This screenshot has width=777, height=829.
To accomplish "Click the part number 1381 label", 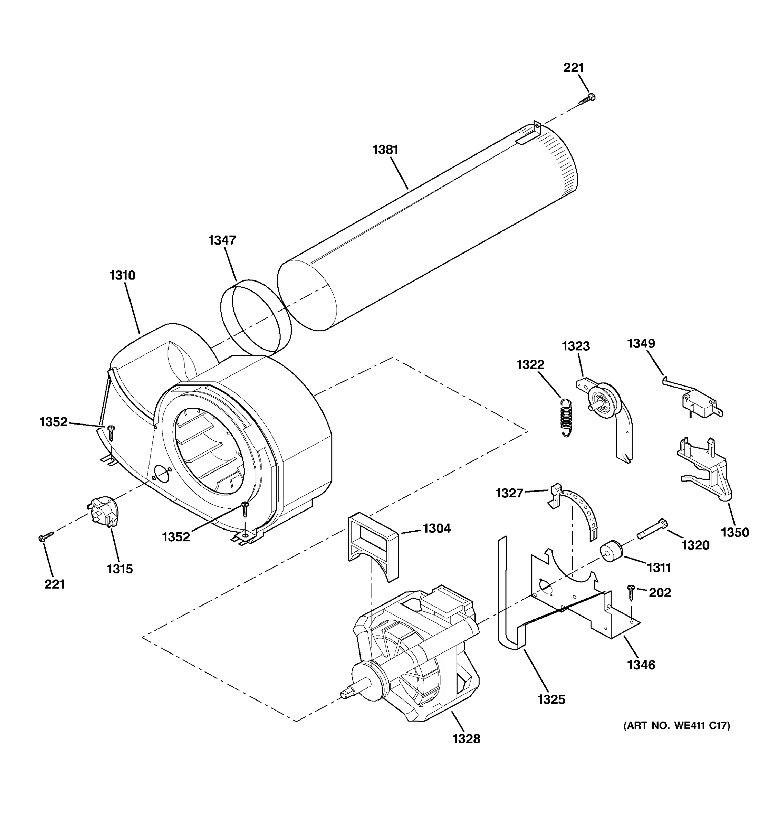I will click(385, 150).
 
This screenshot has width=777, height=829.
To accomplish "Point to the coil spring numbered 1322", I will click(565, 417).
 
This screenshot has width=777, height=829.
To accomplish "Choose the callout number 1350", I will click(735, 532).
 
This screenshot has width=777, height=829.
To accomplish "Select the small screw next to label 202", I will click(631, 592).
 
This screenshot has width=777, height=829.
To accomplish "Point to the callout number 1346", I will click(641, 665).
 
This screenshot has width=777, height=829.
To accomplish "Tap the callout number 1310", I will click(123, 276).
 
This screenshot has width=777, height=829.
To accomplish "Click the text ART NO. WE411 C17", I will click(676, 726).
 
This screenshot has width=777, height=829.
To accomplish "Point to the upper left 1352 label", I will click(54, 422).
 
